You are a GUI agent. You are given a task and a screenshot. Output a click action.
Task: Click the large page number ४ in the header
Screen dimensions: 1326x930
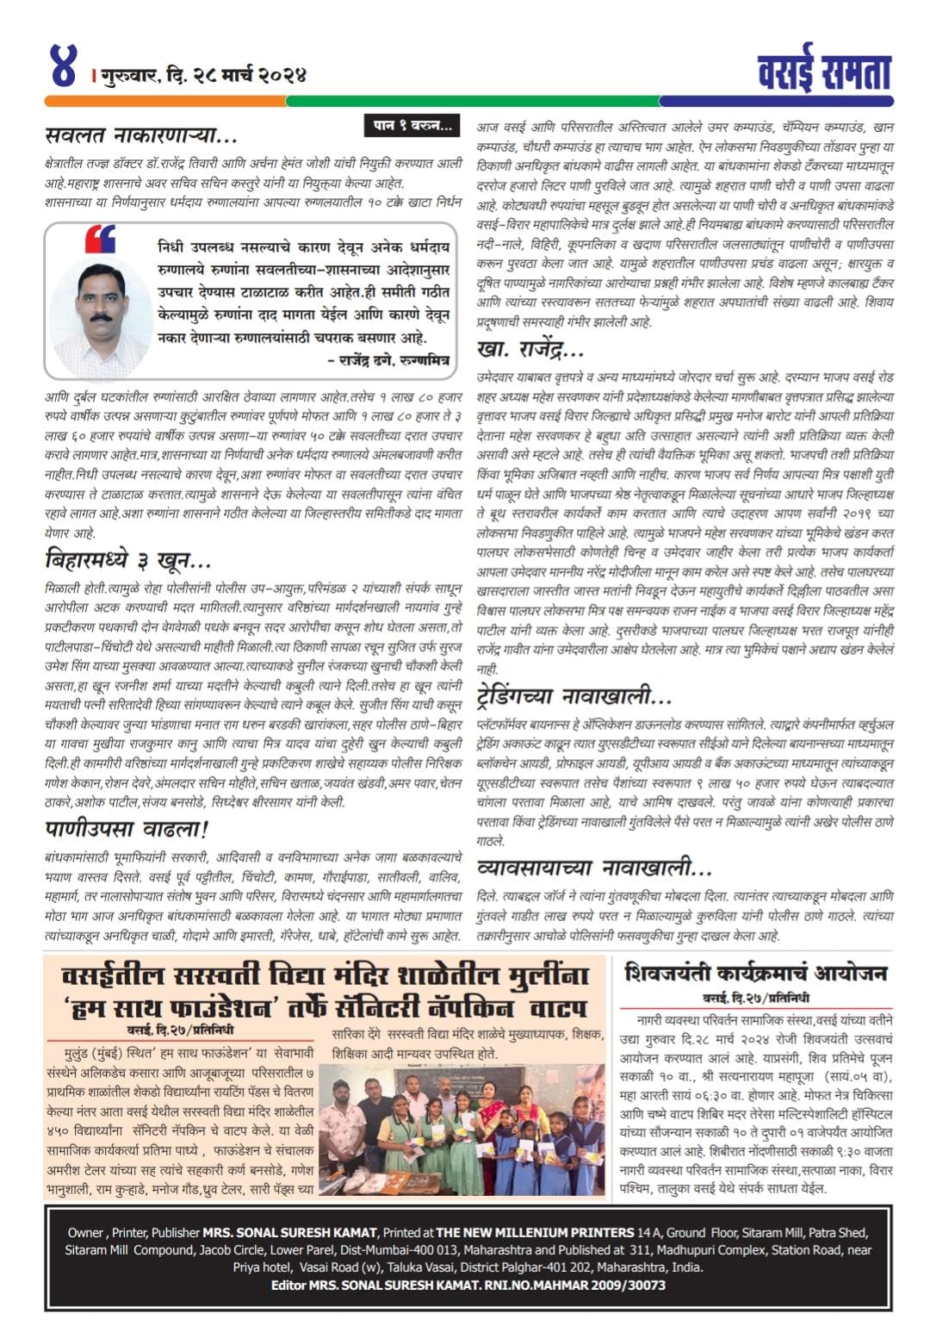pyautogui.click(x=64, y=66)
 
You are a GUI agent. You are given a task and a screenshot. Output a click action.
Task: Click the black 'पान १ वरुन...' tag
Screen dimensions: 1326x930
pyautogui.click(x=412, y=126)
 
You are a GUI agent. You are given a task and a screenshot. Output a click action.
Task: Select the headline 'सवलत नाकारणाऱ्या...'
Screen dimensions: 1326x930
pyautogui.click(x=141, y=135)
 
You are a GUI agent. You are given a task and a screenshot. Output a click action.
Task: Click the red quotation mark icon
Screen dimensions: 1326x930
pyautogui.click(x=100, y=239)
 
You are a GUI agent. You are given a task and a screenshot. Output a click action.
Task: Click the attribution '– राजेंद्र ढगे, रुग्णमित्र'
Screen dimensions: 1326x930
pyautogui.click(x=388, y=361)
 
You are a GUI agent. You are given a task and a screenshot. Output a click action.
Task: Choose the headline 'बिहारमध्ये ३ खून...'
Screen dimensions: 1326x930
pyautogui.click(x=127, y=561)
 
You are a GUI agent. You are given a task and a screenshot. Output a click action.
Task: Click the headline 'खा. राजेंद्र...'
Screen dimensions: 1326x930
pyautogui.click(x=530, y=349)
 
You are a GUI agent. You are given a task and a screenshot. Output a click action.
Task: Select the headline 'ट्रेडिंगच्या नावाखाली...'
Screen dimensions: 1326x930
pyautogui.click(x=575, y=694)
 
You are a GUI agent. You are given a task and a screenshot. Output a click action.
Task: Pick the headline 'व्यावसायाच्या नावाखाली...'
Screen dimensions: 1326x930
pyautogui.click(x=594, y=866)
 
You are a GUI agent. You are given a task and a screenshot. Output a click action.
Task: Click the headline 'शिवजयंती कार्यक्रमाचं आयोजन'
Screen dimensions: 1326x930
pyautogui.click(x=755, y=973)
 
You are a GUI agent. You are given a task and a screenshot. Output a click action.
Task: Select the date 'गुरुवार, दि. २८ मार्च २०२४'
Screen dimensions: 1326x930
pyautogui.click(x=205, y=75)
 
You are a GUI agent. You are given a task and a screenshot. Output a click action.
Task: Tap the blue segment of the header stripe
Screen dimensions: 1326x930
pyautogui.click(x=775, y=101)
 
